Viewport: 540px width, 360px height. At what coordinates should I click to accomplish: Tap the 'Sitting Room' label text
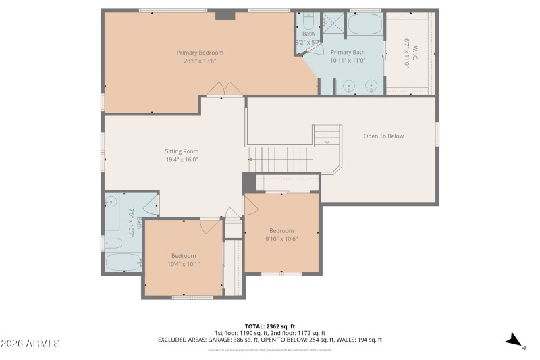coord(182,151)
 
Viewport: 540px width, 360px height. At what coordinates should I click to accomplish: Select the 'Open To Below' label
coord(383,136)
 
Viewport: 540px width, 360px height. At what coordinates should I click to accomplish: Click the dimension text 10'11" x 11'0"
coord(348,60)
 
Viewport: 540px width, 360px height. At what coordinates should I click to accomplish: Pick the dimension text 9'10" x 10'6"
coord(281,238)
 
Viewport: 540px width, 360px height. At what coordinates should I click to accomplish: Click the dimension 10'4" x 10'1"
coord(184,264)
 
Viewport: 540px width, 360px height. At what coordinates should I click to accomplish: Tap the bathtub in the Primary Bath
coord(364,26)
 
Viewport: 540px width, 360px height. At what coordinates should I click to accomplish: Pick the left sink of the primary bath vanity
coord(348,86)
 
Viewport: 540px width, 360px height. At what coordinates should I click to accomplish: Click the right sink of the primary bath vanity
coord(371,86)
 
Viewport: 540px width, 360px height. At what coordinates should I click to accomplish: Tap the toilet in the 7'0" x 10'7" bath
coord(113,243)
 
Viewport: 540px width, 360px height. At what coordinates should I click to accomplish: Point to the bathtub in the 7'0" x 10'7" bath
coord(124,262)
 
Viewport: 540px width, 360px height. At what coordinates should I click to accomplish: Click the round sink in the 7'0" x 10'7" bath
coord(112,201)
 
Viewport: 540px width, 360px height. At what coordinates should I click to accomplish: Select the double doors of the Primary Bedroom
coord(223,89)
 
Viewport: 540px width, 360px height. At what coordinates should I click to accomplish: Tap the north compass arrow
coord(515,340)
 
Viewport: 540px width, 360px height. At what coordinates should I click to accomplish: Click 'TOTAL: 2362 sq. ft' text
coord(269,326)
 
